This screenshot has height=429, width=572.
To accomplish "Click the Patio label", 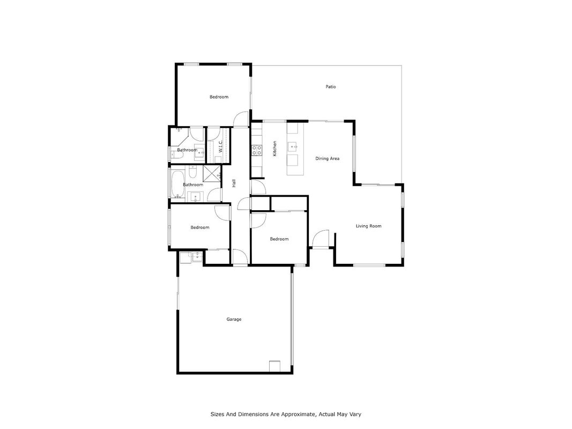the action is tap(331, 87).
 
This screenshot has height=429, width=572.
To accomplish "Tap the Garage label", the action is tap(234, 319).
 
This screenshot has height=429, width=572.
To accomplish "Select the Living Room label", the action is tap(368, 226).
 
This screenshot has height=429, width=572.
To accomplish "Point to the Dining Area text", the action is tap(327, 158).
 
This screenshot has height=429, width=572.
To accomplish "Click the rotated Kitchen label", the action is tap(274, 149).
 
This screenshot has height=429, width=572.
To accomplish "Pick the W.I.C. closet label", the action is tap(220, 146).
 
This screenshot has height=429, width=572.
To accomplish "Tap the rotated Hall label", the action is tap(234, 183).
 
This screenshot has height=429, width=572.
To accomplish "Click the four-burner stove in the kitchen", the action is tap(256, 150).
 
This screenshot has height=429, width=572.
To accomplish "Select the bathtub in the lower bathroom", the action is tap(177, 184).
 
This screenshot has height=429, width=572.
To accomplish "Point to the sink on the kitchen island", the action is tap(293, 147).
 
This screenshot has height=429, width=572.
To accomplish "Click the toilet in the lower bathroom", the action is tap(193, 171).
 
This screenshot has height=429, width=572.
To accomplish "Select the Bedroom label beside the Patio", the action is tap(219, 97).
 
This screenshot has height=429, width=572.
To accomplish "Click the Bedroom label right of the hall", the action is tap(279, 239).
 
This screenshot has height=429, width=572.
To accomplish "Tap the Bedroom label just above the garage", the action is tap(200, 227).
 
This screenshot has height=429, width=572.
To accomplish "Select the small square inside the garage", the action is tap(274, 366).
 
